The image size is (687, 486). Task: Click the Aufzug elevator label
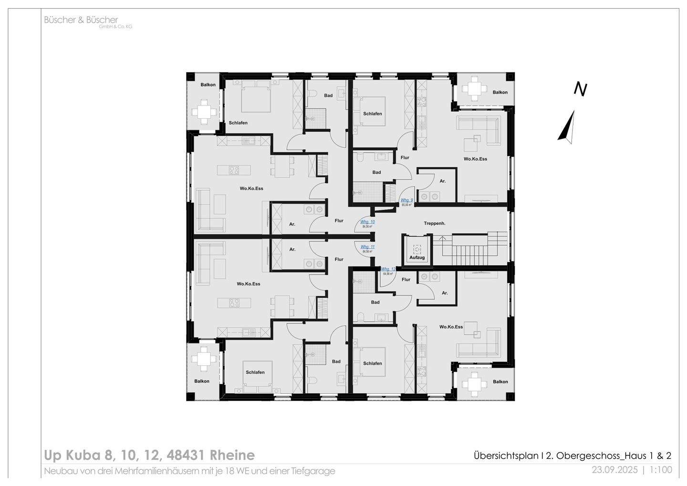[416, 258]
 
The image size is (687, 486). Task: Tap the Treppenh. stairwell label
[434, 223]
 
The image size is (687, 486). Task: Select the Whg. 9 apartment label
[406, 201]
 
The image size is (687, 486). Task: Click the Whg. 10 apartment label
[367, 222]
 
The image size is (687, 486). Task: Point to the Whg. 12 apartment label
[388, 270]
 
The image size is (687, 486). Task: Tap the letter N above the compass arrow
[580, 89]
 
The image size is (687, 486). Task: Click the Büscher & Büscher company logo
[81, 21]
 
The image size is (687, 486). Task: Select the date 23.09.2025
[614, 470]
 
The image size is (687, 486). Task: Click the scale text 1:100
[661, 470]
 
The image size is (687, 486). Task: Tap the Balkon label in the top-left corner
[208, 85]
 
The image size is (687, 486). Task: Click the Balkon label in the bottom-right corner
[500, 382]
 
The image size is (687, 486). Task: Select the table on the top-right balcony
[474, 89]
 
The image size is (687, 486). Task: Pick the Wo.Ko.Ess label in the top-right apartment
[475, 159]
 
